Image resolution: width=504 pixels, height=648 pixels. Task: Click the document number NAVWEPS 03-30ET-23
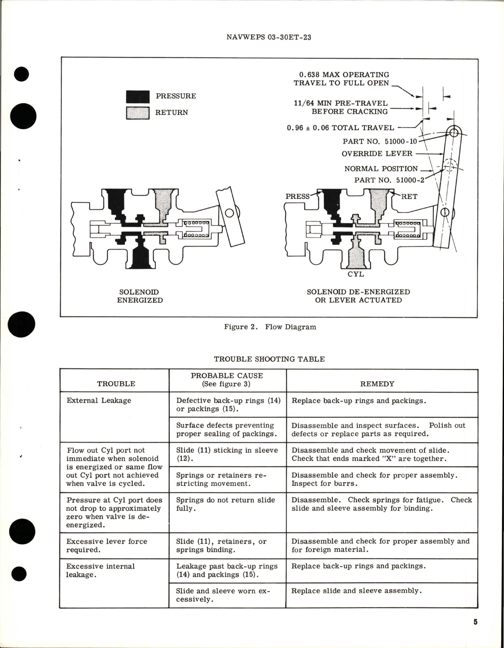269,37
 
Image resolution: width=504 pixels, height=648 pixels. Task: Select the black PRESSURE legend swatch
138,97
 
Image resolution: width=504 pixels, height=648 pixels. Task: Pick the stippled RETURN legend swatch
138,113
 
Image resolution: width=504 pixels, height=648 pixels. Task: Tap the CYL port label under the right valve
355,274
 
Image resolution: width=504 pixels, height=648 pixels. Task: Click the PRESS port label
297,196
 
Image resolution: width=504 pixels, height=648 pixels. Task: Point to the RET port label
409,196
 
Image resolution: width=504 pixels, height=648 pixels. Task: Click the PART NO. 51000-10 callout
379,141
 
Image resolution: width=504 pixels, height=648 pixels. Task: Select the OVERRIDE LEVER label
377,154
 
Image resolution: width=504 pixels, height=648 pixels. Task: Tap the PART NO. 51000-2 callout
389,180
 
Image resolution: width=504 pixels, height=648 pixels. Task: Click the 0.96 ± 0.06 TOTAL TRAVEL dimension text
340,128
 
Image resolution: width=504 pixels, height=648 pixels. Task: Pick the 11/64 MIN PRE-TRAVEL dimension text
341,107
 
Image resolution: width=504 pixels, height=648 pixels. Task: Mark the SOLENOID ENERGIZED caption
140,296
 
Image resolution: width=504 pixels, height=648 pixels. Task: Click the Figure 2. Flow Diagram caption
270,327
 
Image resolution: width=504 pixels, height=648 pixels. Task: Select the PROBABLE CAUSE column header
226,379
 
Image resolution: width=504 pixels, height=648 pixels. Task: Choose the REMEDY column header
377,384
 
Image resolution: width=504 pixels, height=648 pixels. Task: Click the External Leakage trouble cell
99,400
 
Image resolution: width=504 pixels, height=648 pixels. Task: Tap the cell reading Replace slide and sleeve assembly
356,591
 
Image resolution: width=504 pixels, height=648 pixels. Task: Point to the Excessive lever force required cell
106,545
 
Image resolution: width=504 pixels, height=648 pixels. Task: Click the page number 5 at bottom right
475,622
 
